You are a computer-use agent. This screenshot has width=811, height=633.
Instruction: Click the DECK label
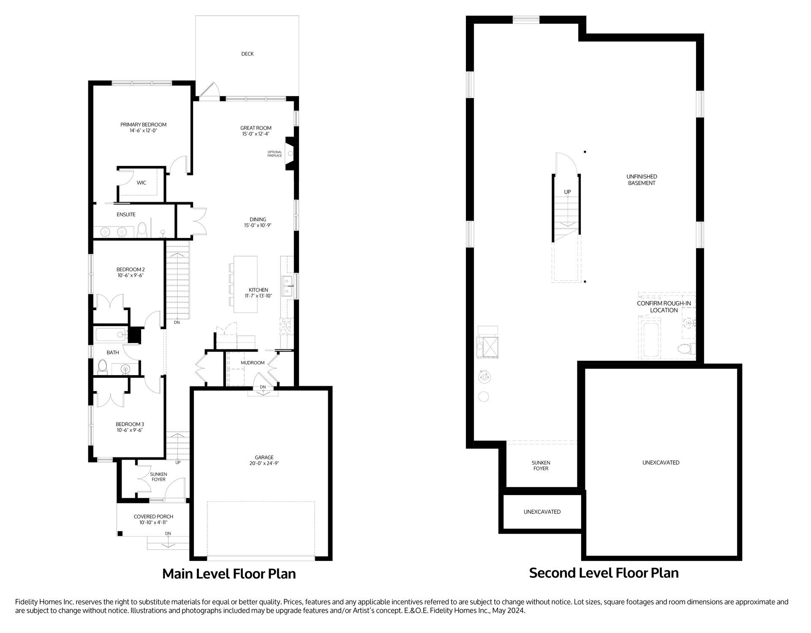pos(248,54)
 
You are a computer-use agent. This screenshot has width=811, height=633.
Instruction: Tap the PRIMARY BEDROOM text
pos(143,125)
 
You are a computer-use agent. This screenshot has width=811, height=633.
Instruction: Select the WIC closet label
pos(142,183)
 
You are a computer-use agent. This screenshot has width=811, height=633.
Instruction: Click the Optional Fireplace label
pos(275,154)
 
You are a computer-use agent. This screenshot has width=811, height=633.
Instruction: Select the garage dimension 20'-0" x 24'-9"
pos(264,463)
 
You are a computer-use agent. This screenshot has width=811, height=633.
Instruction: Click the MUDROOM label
pos(253,363)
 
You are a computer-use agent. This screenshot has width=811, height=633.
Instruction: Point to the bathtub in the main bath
pos(111,335)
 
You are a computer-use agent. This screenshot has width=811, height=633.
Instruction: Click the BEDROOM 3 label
pos(130,425)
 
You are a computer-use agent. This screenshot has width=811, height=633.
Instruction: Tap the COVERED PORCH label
pos(153,517)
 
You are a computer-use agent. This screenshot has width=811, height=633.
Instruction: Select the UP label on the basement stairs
pos(567,192)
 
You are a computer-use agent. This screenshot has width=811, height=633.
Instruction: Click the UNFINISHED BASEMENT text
pos(642,180)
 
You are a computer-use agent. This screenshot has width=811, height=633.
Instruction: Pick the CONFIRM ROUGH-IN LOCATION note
pos(664,307)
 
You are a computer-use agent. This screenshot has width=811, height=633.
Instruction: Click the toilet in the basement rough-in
pos(686,349)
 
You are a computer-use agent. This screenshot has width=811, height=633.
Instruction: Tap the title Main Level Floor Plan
pos(229,574)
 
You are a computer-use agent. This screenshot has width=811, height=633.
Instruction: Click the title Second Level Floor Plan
pos(604,573)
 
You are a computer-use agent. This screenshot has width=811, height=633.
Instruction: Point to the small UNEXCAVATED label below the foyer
pos(542,512)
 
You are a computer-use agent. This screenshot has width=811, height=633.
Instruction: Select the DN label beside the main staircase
pos(177,322)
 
